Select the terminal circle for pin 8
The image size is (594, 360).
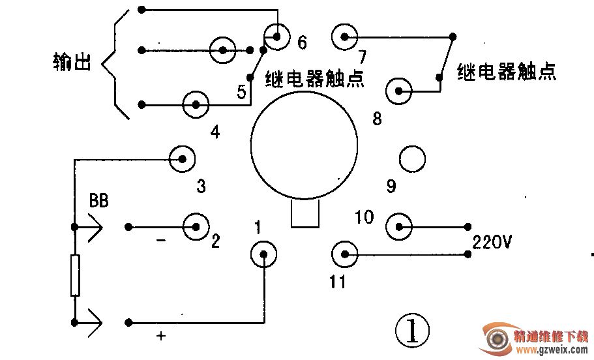click(x=398, y=91)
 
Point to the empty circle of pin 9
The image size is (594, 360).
click(x=412, y=158)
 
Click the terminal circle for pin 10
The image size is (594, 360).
click(x=399, y=227)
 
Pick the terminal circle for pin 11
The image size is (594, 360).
click(x=345, y=254)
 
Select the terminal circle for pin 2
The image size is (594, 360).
click(x=195, y=226)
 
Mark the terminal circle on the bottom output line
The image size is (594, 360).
click(x=195, y=104)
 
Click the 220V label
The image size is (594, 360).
click(x=492, y=243)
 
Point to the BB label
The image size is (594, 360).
click(x=98, y=201)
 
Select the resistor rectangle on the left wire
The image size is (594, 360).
click(x=75, y=276)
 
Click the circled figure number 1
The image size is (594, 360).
click(x=412, y=331)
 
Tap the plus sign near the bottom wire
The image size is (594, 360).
click(x=160, y=337)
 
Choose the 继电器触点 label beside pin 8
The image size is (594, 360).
click(x=507, y=72)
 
